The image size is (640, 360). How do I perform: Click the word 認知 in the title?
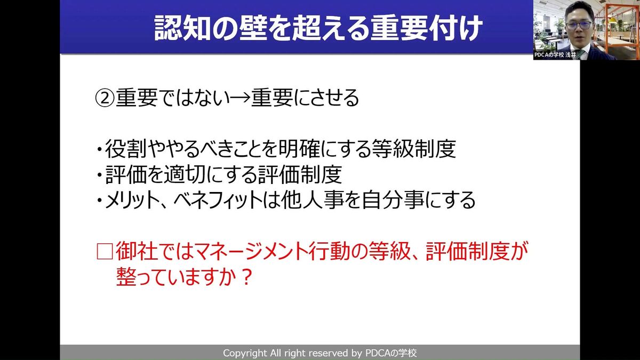(182, 28)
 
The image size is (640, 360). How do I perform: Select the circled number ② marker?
(105, 98)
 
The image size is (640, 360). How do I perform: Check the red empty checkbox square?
(105, 251)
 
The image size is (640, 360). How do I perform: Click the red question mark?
(246, 277)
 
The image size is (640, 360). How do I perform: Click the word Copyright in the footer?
(245, 353)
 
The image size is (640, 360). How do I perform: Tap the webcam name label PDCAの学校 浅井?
(555, 55)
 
